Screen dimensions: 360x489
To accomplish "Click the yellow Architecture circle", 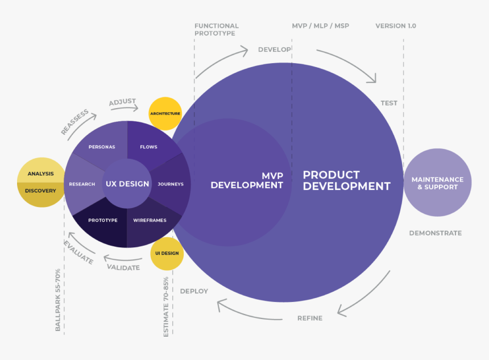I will click(x=165, y=114).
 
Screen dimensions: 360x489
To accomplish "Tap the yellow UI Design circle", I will click(x=167, y=253).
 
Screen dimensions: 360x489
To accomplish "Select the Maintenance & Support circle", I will click(x=437, y=183).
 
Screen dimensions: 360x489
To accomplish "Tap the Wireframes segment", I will click(x=150, y=220).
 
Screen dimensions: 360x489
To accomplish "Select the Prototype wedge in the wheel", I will click(x=103, y=220).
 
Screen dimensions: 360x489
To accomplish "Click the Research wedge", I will click(x=82, y=184).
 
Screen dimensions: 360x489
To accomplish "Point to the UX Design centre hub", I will click(x=127, y=184).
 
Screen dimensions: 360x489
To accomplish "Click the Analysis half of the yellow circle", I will click(x=40, y=173).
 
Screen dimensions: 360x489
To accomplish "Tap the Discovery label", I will click(x=40, y=191).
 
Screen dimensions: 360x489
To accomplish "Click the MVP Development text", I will click(x=247, y=180).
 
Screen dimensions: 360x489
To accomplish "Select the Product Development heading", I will click(x=346, y=180).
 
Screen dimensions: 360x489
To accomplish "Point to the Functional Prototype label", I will click(x=216, y=30).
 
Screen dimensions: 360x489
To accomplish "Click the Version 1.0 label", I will click(x=395, y=26).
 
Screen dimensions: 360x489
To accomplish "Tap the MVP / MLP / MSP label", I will click(x=320, y=26).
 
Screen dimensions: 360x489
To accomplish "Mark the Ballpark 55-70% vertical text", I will click(x=58, y=300).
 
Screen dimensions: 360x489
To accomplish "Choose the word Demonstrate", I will click(x=435, y=233).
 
